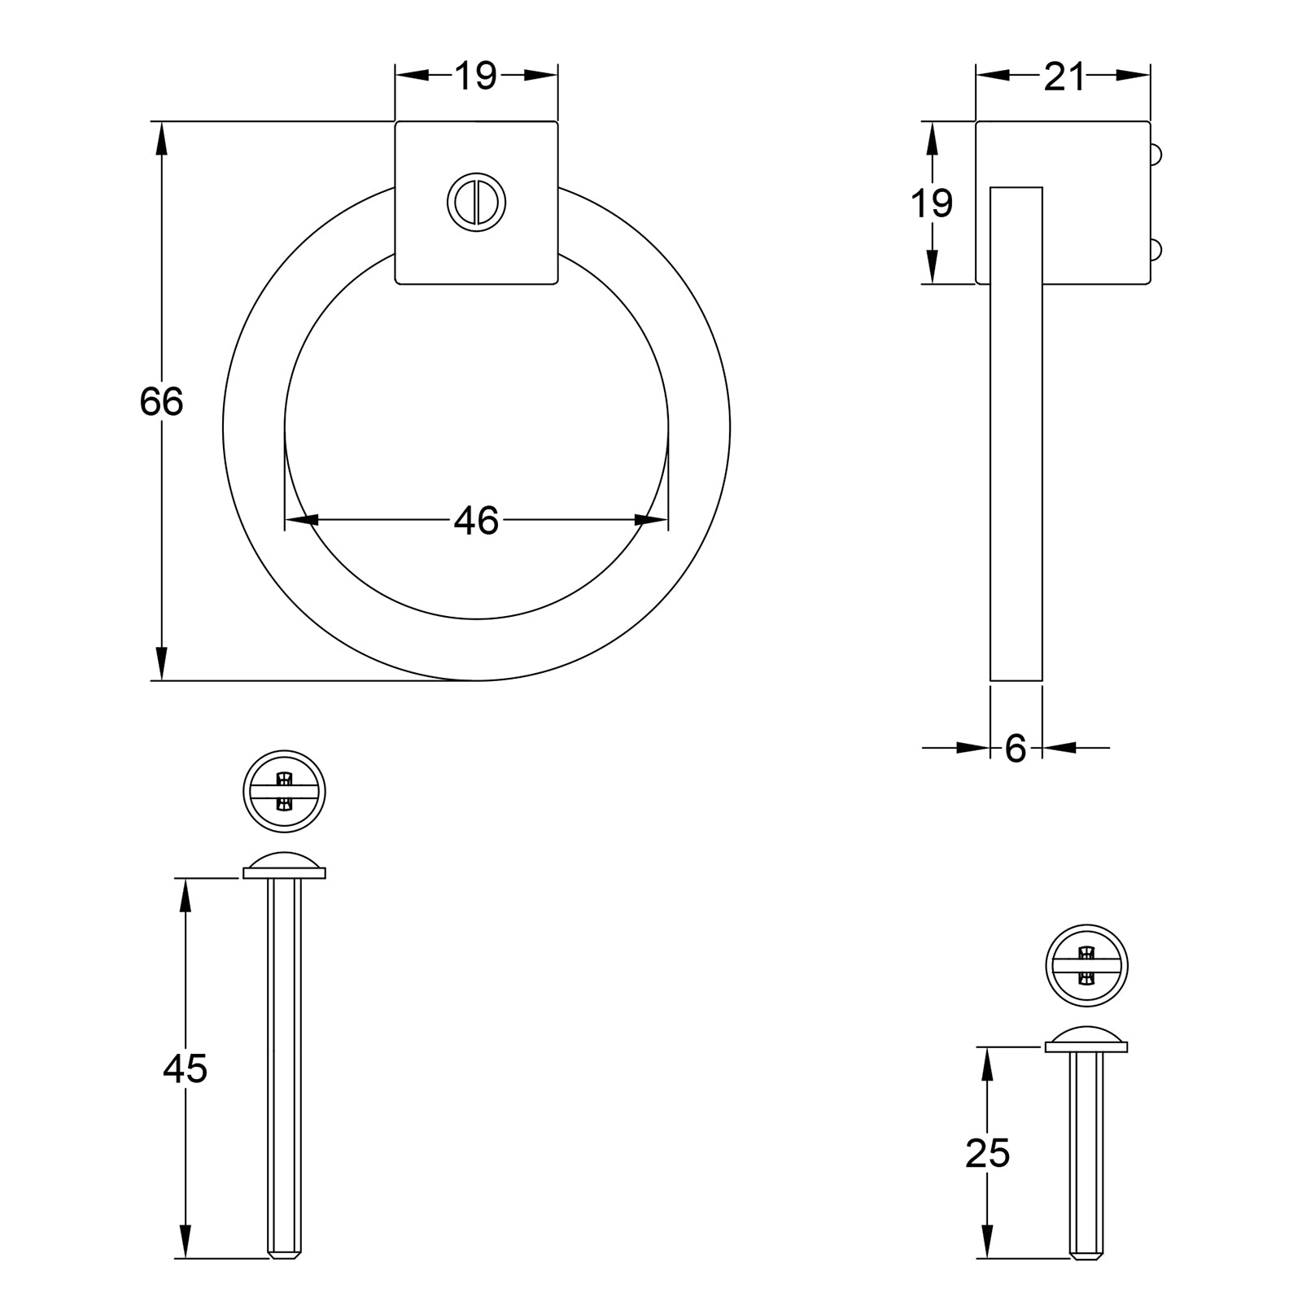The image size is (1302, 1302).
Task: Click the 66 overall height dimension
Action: point(161,402)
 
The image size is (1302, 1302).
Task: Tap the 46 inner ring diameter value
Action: point(476,521)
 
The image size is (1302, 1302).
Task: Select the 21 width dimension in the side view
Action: point(1064,77)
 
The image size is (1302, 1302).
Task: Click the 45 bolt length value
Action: point(186,1068)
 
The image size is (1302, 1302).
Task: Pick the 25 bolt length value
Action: point(987,1153)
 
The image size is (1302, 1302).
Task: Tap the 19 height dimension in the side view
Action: point(931,203)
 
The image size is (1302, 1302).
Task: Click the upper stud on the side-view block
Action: point(1156,154)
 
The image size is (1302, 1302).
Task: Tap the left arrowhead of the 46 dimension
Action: point(301,520)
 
